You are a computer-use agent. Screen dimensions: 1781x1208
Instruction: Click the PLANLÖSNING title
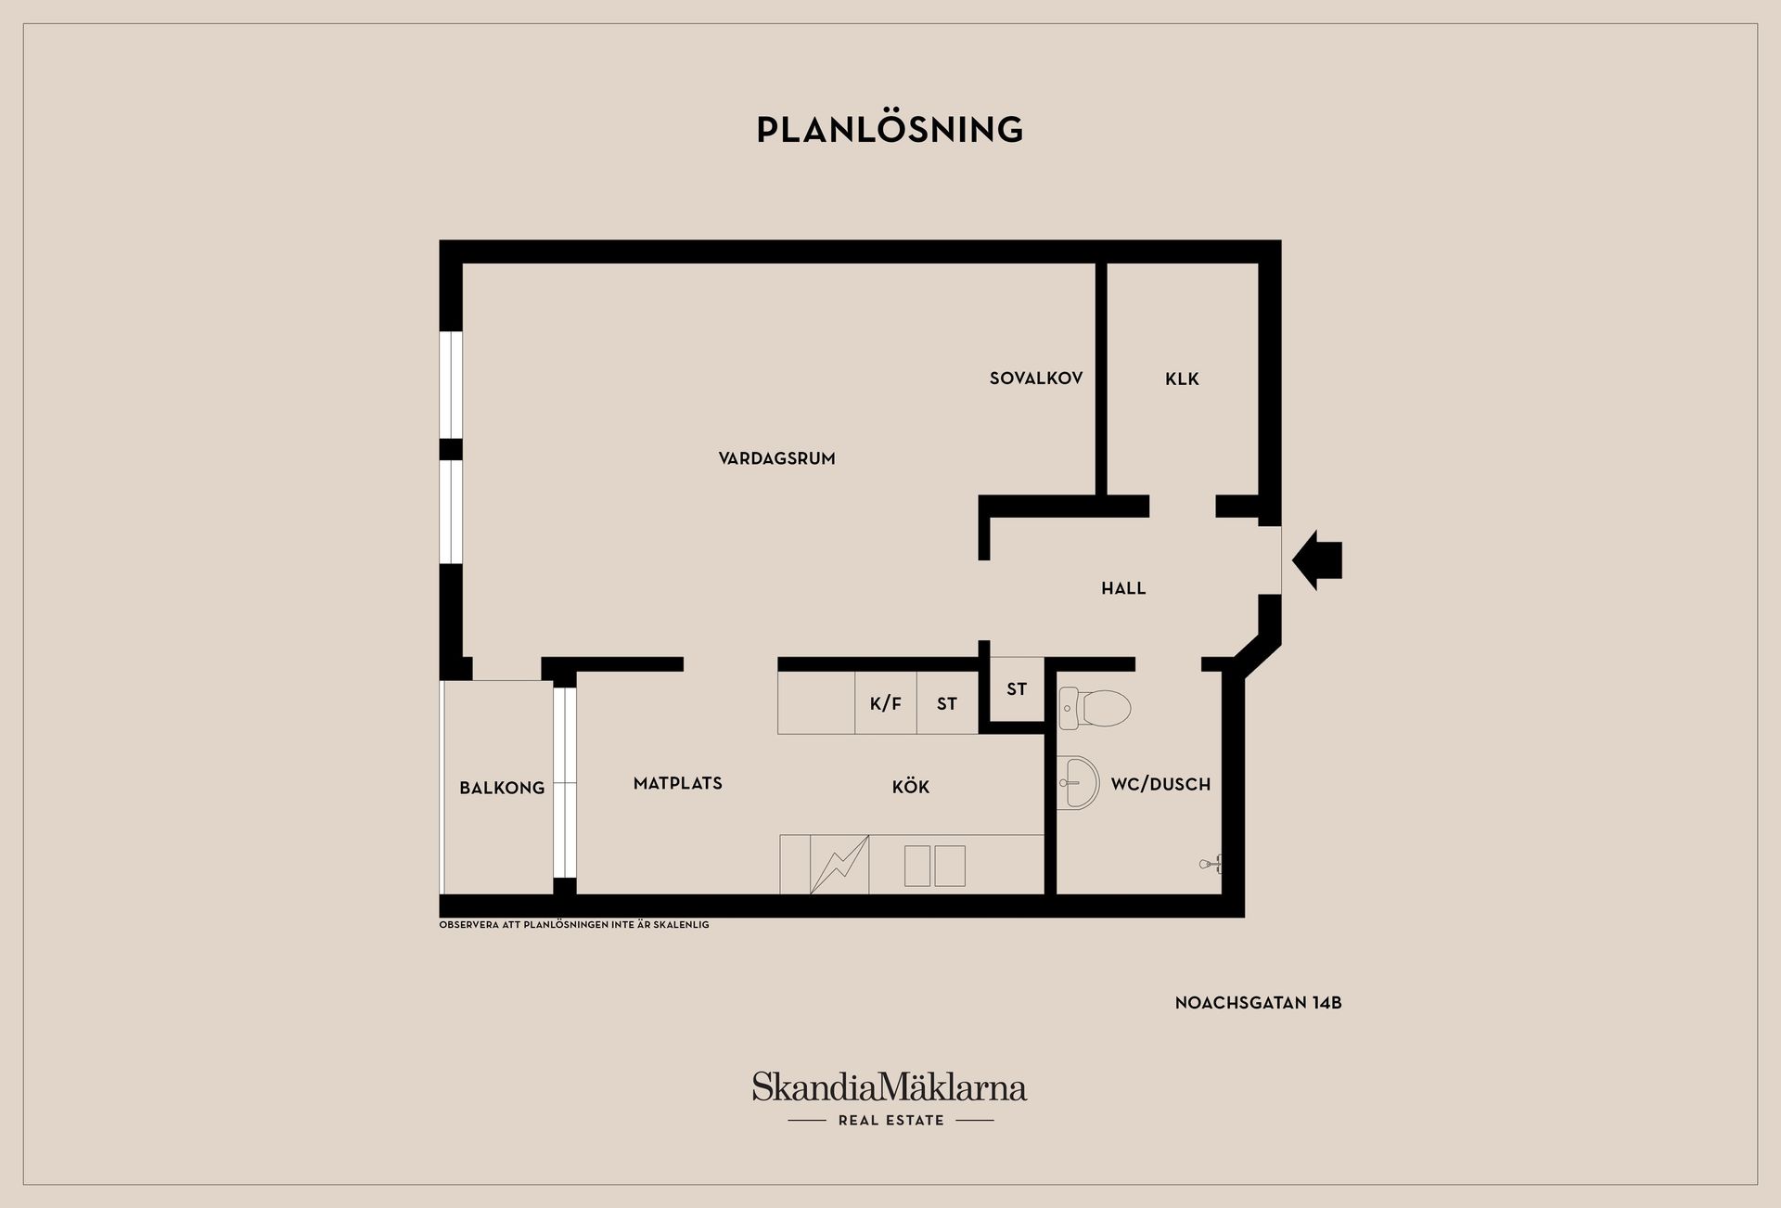pyautogui.click(x=890, y=129)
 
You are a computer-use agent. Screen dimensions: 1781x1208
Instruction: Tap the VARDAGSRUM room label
pyautogui.click(x=777, y=458)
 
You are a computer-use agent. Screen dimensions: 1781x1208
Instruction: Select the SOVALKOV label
pyautogui.click(x=1036, y=379)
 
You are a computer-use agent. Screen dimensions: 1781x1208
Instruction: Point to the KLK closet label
pyautogui.click(x=1183, y=379)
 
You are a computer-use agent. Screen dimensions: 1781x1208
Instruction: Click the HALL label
pyautogui.click(x=1123, y=588)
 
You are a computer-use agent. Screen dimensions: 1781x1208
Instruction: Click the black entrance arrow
pyautogui.click(x=1317, y=559)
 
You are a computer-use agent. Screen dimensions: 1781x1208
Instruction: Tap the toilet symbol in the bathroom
pyautogui.click(x=1095, y=709)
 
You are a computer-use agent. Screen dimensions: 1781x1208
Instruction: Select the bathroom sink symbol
pyautogui.click(x=1078, y=782)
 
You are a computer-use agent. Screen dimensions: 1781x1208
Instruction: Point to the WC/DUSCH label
pyautogui.click(x=1160, y=784)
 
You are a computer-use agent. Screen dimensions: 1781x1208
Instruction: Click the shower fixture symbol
pyautogui.click(x=1211, y=864)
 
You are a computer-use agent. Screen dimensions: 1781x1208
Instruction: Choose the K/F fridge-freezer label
pyautogui.click(x=886, y=703)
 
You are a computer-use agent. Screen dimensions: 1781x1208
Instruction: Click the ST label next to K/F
pyautogui.click(x=946, y=704)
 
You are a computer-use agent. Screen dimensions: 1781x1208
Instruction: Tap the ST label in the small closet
pyautogui.click(x=1017, y=689)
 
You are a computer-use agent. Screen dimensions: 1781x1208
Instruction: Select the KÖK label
pyautogui.click(x=910, y=787)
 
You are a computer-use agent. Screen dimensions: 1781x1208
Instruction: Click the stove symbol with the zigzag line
pyautogui.click(x=839, y=865)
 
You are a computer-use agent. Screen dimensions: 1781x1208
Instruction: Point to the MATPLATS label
pyautogui.click(x=678, y=783)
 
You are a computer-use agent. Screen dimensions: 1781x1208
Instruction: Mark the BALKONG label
pyautogui.click(x=502, y=788)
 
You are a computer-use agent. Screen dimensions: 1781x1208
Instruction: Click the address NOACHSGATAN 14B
pyautogui.click(x=1259, y=1003)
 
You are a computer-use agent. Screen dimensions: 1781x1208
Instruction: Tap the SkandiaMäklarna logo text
pyautogui.click(x=890, y=1086)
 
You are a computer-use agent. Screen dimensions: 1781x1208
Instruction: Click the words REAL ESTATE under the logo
pyautogui.click(x=891, y=1120)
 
